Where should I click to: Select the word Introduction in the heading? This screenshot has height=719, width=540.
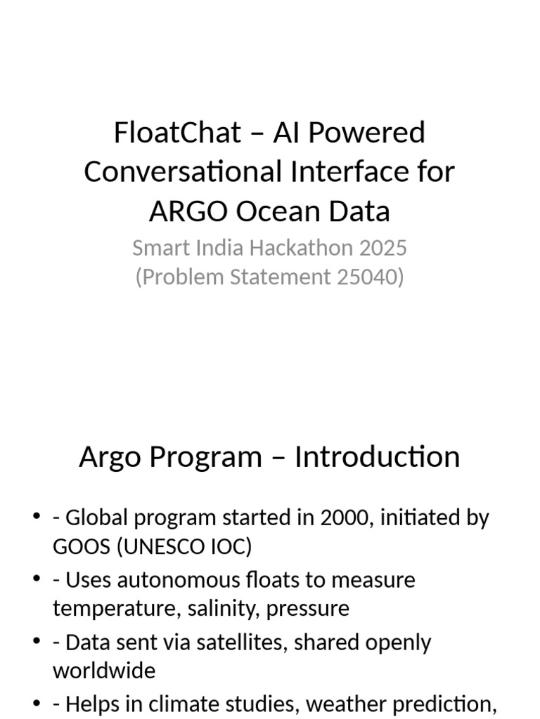click(x=377, y=457)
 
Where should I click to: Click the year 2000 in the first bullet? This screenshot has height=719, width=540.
click(x=342, y=518)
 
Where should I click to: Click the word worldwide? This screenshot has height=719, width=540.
click(x=103, y=671)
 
